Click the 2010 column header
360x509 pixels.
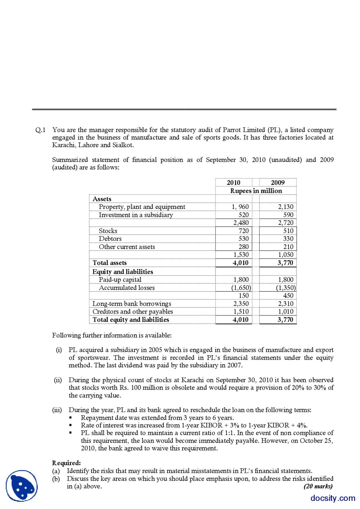(233, 182)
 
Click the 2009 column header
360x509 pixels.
(278, 182)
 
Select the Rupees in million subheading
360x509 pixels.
(256, 191)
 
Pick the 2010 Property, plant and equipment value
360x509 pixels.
(240, 207)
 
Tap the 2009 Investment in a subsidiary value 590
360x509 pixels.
(288, 215)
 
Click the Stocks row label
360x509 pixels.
(108, 231)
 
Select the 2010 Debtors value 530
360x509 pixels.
(243, 239)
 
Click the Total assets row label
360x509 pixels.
(110, 263)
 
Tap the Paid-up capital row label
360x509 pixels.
(120, 280)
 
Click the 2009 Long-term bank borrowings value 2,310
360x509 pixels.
(285, 304)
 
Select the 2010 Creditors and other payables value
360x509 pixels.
(241, 311)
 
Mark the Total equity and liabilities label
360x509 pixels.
(131, 320)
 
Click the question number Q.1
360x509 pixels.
(40, 130)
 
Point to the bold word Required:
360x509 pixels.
(66, 463)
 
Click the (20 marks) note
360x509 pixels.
(318, 486)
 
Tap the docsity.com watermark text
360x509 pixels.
(333, 498)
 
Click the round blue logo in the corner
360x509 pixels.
(22, 486)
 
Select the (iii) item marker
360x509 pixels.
(57, 410)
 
